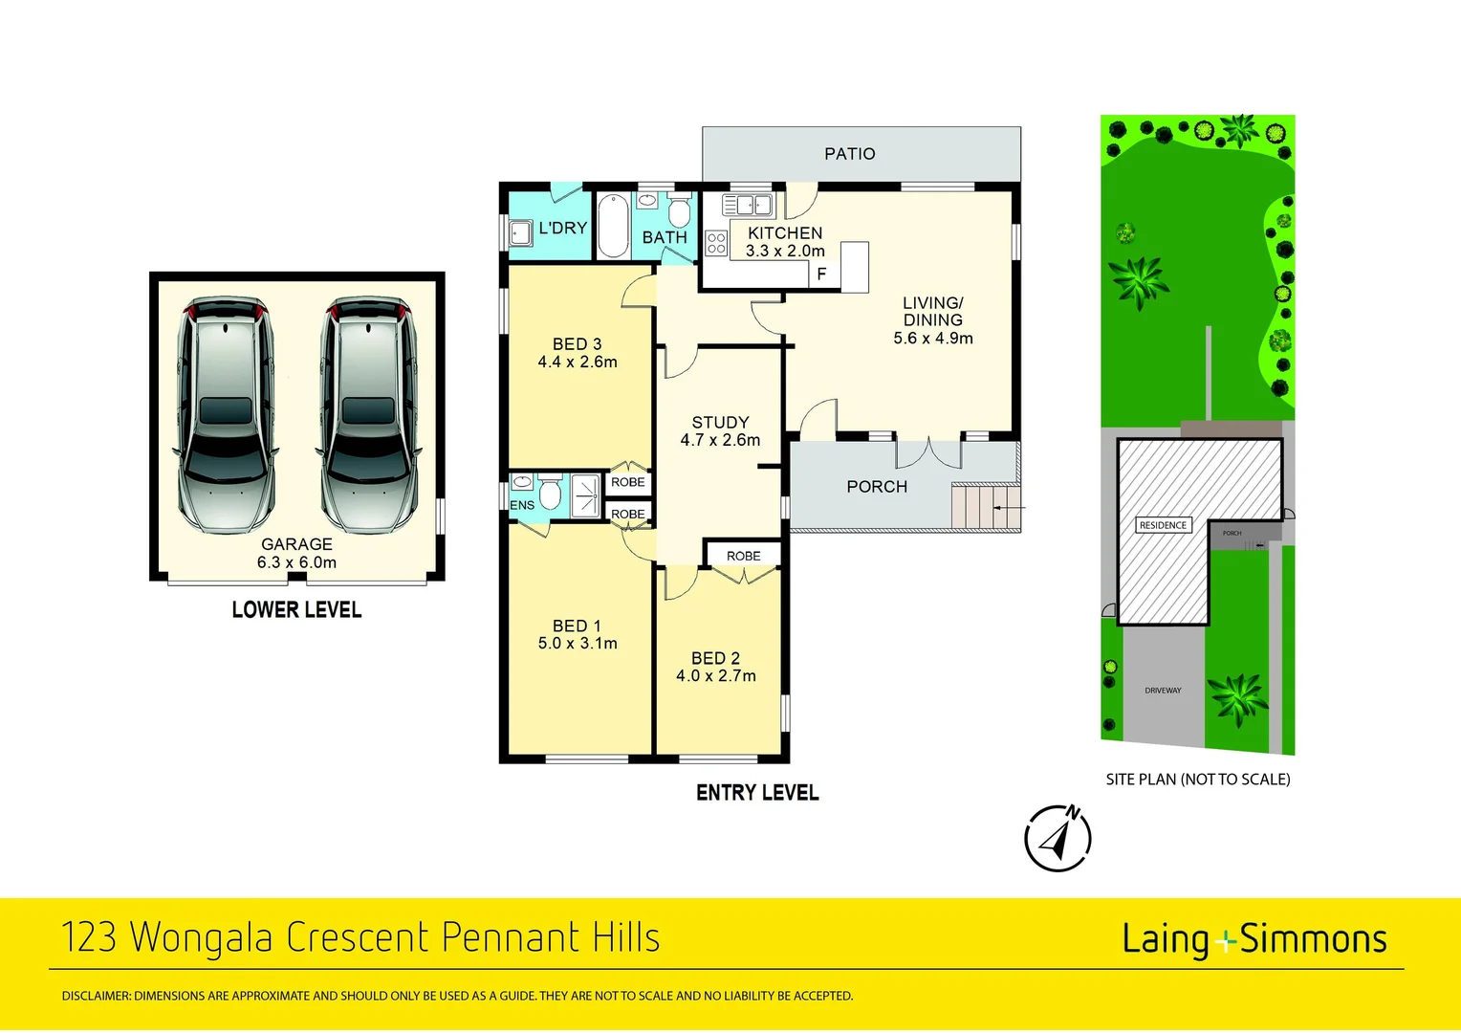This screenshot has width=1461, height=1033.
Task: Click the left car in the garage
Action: [226, 413]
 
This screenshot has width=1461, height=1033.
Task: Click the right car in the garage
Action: [368, 413]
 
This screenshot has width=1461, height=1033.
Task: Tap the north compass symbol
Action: [1058, 839]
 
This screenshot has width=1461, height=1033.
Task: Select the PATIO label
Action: [849, 154]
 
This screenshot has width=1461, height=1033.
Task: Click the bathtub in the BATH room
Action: [612, 226]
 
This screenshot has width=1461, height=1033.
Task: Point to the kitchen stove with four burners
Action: [716, 243]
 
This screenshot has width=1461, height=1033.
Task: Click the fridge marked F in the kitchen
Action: [821, 274]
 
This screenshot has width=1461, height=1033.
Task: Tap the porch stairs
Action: [973, 507]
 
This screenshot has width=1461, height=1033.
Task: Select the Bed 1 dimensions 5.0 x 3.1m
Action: [578, 644]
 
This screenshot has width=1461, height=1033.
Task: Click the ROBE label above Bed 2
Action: [743, 556]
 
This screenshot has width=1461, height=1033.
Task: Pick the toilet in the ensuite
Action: [550, 493]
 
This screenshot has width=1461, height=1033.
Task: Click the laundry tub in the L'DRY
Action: [521, 232]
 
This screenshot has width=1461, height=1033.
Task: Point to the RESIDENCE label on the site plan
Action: [1163, 525]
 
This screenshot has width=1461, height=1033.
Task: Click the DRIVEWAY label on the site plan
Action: [1163, 690]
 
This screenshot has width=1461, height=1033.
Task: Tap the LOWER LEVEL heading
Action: [296, 610]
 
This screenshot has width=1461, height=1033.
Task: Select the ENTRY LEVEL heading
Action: [757, 793]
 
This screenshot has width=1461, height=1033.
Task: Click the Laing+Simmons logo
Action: [1254, 939]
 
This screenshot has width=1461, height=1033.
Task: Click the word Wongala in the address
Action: [202, 937]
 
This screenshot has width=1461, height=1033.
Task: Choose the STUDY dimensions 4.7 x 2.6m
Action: [720, 440]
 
